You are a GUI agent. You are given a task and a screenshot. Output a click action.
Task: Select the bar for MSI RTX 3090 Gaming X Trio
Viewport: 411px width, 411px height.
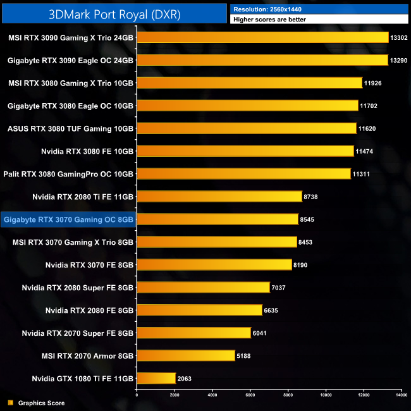[x=262, y=37]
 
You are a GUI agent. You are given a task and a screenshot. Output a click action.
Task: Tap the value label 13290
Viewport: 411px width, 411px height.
[x=400, y=60]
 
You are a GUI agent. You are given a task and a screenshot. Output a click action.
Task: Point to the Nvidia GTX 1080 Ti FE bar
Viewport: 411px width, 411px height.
[x=156, y=379]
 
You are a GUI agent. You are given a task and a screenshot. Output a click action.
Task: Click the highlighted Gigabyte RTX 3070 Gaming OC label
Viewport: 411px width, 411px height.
[x=68, y=219]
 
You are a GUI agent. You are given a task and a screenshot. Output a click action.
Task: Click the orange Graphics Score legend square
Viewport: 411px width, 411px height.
[x=10, y=403]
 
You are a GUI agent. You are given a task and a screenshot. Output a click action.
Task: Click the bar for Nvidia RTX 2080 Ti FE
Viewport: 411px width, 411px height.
[x=219, y=197]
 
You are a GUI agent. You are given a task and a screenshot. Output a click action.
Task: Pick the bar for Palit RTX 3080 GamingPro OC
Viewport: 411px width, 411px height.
[x=243, y=174]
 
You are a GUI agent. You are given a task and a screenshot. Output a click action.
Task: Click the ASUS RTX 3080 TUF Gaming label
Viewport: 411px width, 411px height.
[x=70, y=128]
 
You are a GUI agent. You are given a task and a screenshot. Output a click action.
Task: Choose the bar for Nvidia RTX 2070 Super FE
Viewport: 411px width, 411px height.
[x=193, y=333]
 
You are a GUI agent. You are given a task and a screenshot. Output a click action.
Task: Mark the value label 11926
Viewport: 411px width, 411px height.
[x=374, y=83]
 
